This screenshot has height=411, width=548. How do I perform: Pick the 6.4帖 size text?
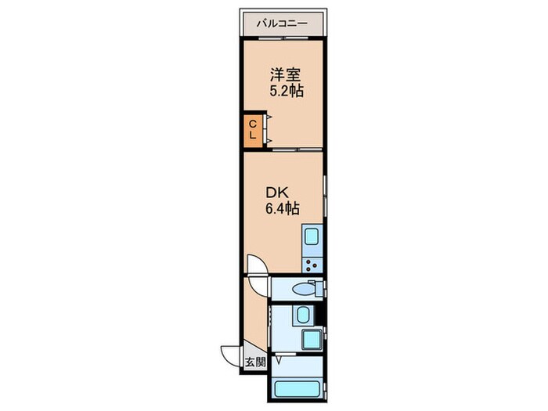281,208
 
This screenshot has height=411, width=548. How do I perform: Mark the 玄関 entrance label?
254,362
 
